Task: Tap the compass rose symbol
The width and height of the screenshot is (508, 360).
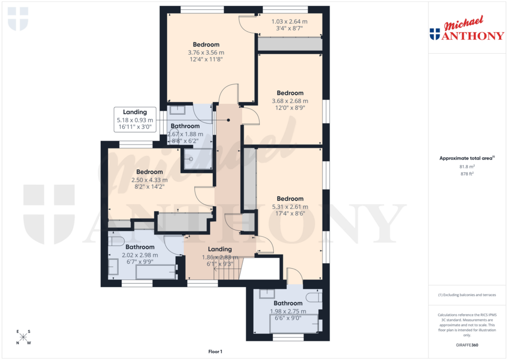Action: [23, 337]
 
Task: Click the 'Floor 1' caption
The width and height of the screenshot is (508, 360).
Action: [215, 352]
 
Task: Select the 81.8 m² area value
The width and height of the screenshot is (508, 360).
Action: [467, 167]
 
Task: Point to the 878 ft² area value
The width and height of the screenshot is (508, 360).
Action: [467, 174]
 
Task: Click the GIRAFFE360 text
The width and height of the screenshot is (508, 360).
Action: [467, 345]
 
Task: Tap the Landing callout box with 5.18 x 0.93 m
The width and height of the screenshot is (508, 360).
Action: [135, 120]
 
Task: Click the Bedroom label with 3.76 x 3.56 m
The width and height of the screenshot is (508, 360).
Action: [206, 52]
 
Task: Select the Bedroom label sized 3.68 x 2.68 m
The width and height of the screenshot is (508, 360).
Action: [290, 100]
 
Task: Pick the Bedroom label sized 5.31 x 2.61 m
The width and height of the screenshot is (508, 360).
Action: [290, 206]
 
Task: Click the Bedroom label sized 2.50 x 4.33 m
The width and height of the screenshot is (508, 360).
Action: [149, 179]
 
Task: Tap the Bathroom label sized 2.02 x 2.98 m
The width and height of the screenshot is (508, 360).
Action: [139, 254]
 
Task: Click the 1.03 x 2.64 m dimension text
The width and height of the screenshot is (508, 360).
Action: [289, 25]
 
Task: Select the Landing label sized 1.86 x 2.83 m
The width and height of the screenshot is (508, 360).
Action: [220, 256]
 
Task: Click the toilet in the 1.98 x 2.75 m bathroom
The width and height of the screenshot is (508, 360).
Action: [314, 297]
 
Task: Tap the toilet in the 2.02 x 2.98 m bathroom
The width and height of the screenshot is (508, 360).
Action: [116, 242]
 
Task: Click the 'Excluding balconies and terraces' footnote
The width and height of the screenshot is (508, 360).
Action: [467, 295]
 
